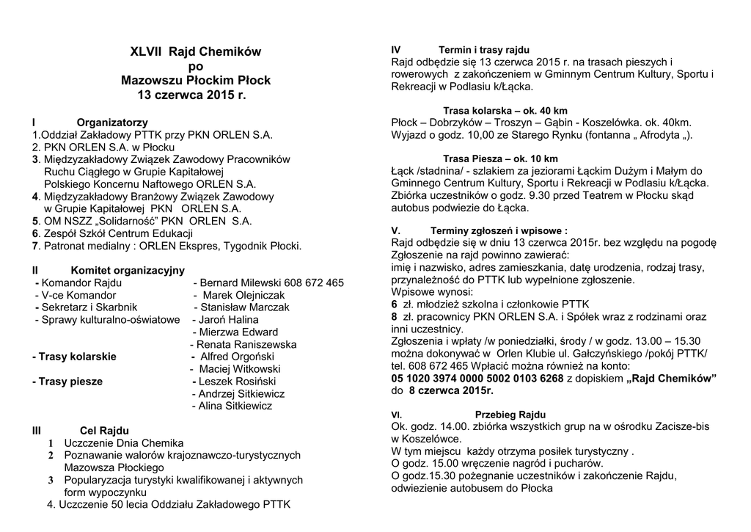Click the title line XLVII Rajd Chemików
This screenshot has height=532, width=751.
(195, 52)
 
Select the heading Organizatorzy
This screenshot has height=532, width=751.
(112, 122)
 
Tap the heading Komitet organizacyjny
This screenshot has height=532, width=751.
(128, 270)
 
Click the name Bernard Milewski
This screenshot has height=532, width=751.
(246, 283)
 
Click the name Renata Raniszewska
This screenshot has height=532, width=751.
(246, 344)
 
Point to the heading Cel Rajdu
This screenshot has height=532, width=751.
(104, 431)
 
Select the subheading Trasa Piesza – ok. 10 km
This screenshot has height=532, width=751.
(500, 158)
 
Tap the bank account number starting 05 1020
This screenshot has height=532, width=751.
(477, 378)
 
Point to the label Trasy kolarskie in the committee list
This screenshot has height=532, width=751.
(74, 357)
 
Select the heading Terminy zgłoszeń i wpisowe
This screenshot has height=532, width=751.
(499, 230)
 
